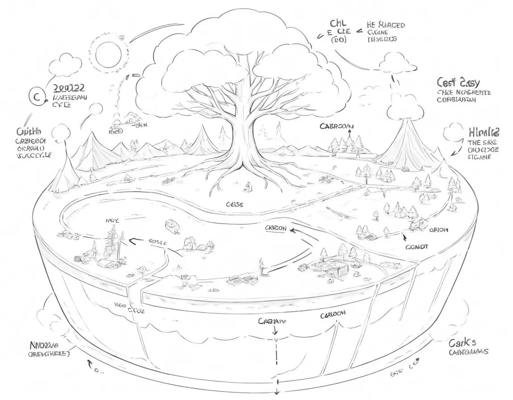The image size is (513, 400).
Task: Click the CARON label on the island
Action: [x=276, y=228]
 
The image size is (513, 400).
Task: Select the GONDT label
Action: [x=417, y=246]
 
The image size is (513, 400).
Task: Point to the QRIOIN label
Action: [x=438, y=230]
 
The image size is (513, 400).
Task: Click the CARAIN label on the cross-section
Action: [x=272, y=321]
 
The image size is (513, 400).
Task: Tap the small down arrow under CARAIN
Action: [x=276, y=331]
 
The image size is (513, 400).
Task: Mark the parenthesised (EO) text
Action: [x=338, y=40]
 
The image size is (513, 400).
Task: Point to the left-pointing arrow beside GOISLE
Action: [x=133, y=242]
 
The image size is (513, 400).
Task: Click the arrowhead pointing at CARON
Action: [x=292, y=230]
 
